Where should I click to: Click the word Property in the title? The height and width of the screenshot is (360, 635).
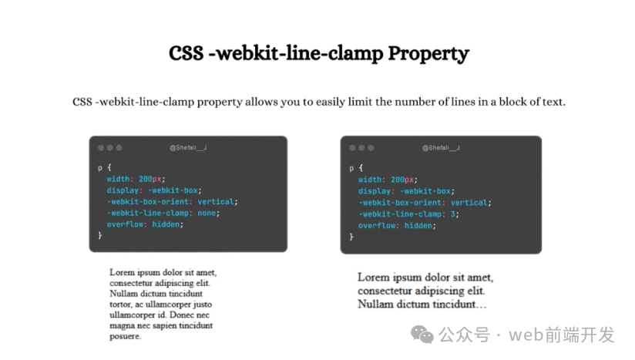click(x=428, y=54)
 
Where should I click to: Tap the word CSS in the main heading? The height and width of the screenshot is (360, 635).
click(x=186, y=53)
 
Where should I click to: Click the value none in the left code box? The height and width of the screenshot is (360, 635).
click(x=207, y=213)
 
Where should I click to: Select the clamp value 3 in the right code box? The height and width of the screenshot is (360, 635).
click(x=453, y=214)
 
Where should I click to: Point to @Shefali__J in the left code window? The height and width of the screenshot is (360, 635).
click(x=188, y=148)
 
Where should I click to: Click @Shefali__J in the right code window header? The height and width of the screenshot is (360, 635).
click(x=441, y=148)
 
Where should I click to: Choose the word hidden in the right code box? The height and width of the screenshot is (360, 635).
click(x=418, y=226)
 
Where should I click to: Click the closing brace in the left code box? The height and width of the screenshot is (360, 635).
click(x=99, y=236)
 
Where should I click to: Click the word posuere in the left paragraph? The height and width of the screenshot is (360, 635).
click(x=124, y=337)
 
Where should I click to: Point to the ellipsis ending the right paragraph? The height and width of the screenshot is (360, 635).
click(x=482, y=306)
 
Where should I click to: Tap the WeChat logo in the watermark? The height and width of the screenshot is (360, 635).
click(x=422, y=335)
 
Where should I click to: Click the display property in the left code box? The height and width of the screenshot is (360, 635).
click(x=123, y=190)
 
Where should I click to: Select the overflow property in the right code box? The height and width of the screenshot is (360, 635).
click(x=375, y=226)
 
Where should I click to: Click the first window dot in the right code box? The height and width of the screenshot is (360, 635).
click(x=352, y=148)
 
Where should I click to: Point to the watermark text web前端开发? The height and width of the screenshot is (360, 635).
click(x=562, y=335)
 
